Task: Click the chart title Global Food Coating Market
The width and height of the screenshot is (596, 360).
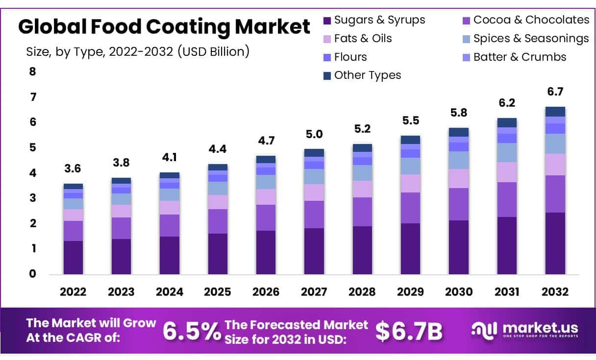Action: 164,27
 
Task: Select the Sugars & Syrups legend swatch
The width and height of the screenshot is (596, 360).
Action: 327,20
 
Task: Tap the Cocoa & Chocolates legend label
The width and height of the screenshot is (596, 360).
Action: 531,20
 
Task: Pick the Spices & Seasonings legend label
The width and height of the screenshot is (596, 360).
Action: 531,38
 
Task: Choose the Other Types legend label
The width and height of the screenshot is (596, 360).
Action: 367,75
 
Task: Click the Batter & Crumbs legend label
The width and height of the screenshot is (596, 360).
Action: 520,57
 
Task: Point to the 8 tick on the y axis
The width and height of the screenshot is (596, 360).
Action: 33,72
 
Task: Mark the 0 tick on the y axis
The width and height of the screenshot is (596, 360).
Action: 33,274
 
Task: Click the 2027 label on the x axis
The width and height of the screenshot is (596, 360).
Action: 314,292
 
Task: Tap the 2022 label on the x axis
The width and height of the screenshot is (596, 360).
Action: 73,292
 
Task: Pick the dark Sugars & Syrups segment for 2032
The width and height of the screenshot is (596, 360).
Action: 555,243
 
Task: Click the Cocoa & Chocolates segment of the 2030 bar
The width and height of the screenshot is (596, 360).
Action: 458,204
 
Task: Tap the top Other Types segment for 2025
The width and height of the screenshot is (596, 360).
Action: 217,167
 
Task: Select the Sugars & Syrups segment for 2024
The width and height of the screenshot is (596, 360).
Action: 169,255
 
